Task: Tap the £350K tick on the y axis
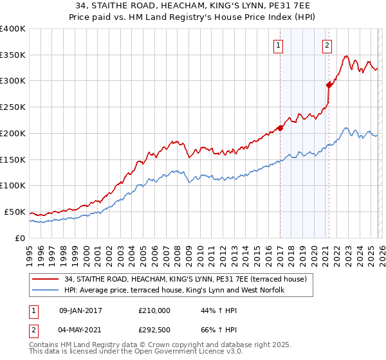point(13,55)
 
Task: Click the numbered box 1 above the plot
point(279,45)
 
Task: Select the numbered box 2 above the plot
point(327,45)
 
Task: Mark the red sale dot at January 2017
point(280,127)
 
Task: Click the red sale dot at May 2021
point(329,84)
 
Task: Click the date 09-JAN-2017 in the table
point(80,310)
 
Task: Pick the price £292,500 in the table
point(154,331)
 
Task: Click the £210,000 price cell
point(154,310)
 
